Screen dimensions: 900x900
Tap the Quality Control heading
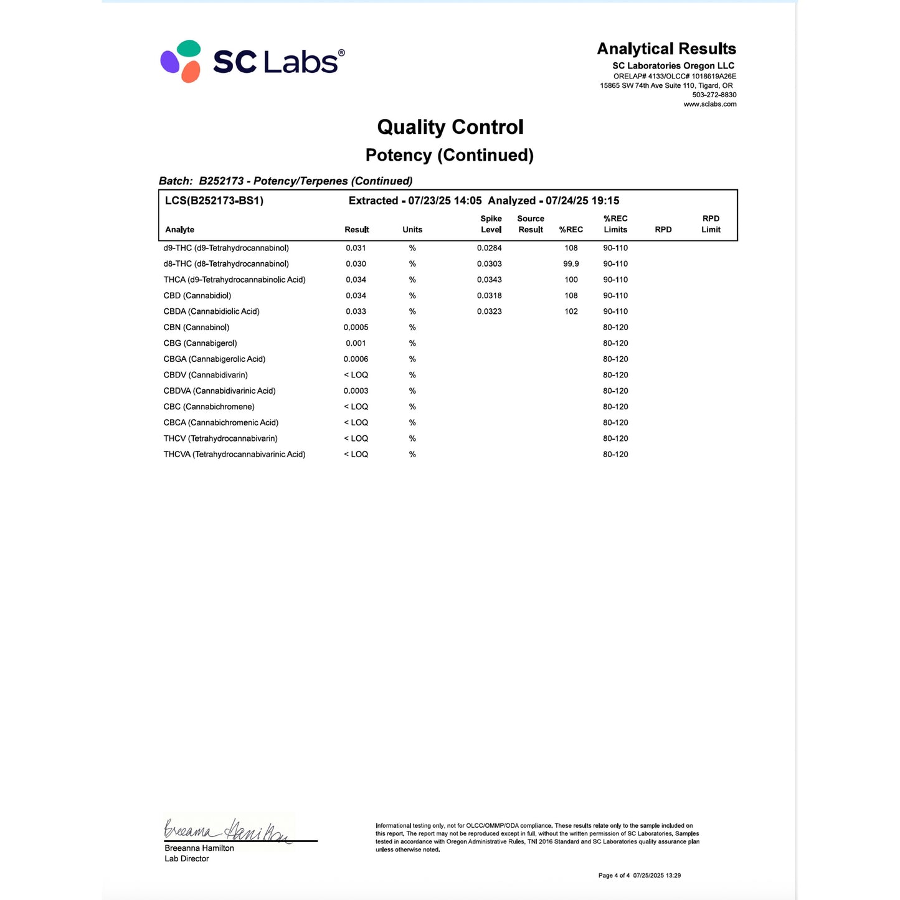[450, 127]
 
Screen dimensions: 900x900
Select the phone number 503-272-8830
[714, 95]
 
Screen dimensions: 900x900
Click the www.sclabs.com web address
[709, 105]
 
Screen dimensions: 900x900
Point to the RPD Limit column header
[711, 224]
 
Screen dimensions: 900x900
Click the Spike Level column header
[491, 224]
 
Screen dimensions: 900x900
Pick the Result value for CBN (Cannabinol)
[356, 328]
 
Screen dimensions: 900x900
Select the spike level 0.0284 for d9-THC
[489, 248]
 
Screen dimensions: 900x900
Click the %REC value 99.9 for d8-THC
[571, 264]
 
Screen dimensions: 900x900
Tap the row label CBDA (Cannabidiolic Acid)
[211, 311]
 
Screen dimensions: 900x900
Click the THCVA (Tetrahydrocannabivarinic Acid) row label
[234, 455]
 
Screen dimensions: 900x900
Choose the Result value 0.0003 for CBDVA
[356, 391]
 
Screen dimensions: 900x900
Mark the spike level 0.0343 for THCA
[489, 280]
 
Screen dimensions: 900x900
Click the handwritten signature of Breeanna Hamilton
[228, 830]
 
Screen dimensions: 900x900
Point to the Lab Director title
[187, 859]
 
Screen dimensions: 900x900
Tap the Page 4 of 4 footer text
[613, 876]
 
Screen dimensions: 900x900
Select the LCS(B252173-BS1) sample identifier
[214, 201]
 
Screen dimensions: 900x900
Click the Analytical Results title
[666, 49]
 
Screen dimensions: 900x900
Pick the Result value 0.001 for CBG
[356, 343]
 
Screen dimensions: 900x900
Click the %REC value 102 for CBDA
[571, 311]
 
